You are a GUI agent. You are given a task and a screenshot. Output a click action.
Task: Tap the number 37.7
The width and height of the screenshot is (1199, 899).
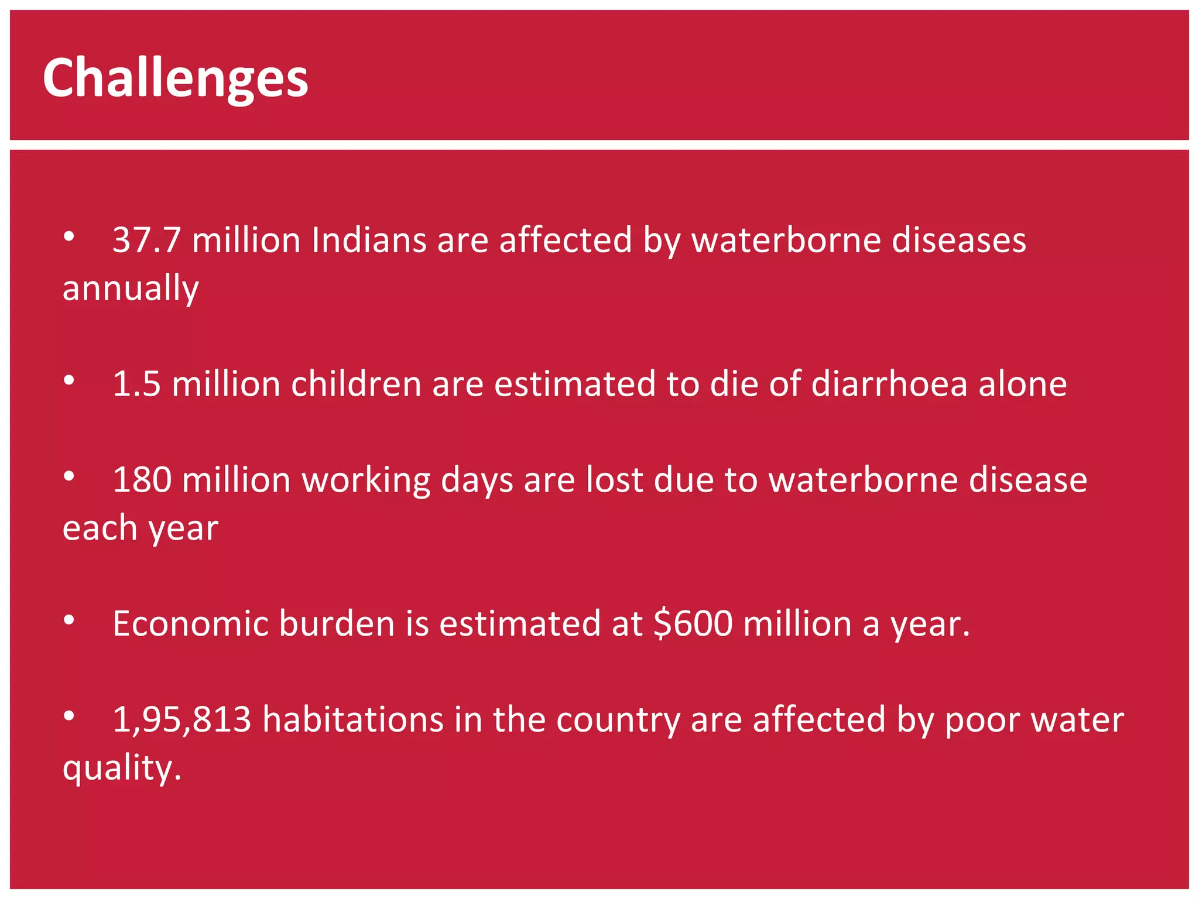point(146,240)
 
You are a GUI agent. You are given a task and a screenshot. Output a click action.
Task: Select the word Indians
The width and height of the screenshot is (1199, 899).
point(369,240)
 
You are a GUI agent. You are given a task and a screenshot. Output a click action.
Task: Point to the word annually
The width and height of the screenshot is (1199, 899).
point(131,289)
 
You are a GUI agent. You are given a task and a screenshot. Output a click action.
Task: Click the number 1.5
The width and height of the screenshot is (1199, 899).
point(136,384)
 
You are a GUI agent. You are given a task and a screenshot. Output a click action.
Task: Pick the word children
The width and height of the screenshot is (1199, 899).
point(356,384)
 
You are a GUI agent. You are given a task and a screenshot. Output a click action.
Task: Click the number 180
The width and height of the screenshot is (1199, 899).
point(142,480)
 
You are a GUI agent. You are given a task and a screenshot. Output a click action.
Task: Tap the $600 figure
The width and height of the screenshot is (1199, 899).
point(693,623)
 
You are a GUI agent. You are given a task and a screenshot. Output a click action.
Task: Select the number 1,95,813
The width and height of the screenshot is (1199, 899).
point(181,719)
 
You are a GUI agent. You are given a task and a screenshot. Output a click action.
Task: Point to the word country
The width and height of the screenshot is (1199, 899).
point(618,720)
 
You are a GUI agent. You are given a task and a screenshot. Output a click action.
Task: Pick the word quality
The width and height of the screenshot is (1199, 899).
point(121,768)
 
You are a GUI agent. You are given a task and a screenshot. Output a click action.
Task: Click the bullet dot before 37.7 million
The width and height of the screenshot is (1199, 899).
point(69,236)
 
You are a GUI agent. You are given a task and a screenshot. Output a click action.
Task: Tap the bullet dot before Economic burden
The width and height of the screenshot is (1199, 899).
point(69,619)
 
